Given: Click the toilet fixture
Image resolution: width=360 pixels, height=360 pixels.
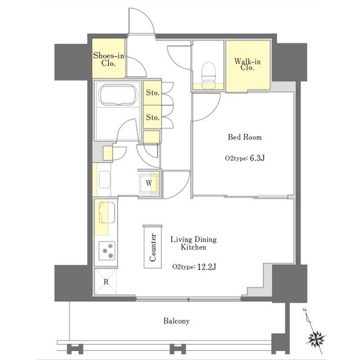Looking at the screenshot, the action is pos(208,75).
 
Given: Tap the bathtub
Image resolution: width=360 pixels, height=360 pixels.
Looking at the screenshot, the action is pos(118,95).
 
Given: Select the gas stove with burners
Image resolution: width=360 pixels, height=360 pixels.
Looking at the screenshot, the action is pos(107,251).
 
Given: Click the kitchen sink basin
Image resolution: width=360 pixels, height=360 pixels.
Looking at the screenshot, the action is pos(107,212).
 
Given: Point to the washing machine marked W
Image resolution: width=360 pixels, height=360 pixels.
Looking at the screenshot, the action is pos(148,183).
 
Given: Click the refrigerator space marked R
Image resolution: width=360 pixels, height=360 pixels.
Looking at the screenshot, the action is pos(106,281).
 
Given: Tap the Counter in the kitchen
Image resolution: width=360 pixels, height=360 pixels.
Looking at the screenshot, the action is pos(153,247).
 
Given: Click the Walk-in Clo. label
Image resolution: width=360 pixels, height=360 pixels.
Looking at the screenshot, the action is pos(247,65).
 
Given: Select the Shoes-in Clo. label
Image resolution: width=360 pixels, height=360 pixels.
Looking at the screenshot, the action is pos(109,59).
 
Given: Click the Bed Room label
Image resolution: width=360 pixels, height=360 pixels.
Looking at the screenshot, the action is pos(245,137).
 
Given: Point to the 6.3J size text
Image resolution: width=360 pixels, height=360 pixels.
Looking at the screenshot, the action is pos(257,158).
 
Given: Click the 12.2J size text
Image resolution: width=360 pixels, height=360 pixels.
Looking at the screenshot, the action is pos(206,267).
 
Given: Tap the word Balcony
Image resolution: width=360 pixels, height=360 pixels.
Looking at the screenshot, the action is pos(176,321).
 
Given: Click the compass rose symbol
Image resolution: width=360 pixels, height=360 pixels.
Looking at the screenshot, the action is pos(316,339).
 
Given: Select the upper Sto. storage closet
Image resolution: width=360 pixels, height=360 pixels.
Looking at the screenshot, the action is pos(152,93).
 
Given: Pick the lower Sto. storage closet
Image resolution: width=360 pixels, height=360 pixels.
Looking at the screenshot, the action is pos(152,118).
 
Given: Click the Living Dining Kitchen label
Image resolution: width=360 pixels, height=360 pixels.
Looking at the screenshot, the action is pos(193,243).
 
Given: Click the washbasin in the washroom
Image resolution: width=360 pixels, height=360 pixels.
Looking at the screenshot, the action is pos(105,179).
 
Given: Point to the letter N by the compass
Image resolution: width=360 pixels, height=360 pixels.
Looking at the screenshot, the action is pos(305,310).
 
